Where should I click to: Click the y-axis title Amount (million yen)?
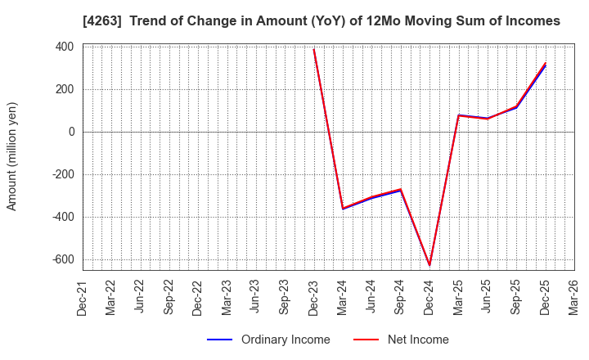(x=12, y=156)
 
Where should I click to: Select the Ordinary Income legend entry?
(x=285, y=340)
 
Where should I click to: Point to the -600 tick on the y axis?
(x=62, y=259)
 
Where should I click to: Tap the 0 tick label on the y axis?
(x=72, y=132)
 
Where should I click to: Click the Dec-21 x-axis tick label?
(x=83, y=299)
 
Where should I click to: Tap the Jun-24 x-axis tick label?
(x=371, y=299)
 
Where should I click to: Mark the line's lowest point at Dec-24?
(x=429, y=265)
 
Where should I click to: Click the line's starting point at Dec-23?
(x=314, y=49)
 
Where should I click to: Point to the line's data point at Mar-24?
(x=343, y=209)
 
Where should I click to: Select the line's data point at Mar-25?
(x=458, y=115)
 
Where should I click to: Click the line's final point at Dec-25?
(x=545, y=64)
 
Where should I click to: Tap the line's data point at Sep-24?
(x=401, y=190)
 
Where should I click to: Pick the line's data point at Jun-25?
(x=488, y=119)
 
